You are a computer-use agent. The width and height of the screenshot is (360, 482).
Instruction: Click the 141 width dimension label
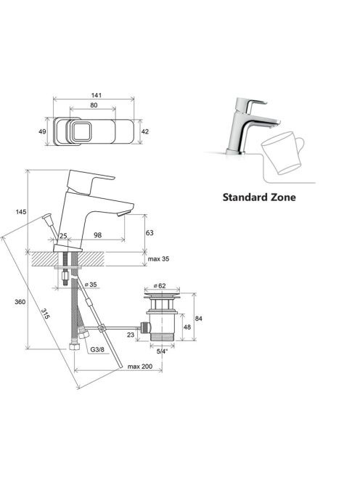coord(96,95)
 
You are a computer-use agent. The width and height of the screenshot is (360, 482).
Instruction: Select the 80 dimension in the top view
coord(94,105)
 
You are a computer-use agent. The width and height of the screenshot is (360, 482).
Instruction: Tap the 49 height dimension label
coord(42,131)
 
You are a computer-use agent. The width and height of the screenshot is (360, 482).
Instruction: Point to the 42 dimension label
coord(145,131)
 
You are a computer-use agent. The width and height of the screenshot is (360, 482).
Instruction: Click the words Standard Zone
coord(259,197)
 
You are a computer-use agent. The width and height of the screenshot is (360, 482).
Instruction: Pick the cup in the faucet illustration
coord(282,152)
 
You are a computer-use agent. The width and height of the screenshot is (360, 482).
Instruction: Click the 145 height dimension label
coord(21,212)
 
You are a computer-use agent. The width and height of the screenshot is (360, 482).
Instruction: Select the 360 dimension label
coord(20,302)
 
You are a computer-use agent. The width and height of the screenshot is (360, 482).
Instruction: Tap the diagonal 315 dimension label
coord(45,314)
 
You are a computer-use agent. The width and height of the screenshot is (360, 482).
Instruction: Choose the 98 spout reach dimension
coord(97,235)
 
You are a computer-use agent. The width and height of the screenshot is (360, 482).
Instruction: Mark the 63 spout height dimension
coord(150,233)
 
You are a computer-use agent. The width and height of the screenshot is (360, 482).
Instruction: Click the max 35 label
coord(158,259)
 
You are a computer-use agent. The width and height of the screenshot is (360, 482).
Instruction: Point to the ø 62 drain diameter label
coord(160,285)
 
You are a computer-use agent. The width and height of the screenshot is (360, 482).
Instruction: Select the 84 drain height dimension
coord(199,319)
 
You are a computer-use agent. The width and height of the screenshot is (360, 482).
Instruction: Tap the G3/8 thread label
coord(97,349)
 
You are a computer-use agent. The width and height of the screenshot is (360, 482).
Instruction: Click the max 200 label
coord(140,367)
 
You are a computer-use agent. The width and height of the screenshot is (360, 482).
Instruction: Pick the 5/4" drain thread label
coord(163,351)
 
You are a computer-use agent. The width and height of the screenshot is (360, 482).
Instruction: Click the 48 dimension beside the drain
coord(187,327)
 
